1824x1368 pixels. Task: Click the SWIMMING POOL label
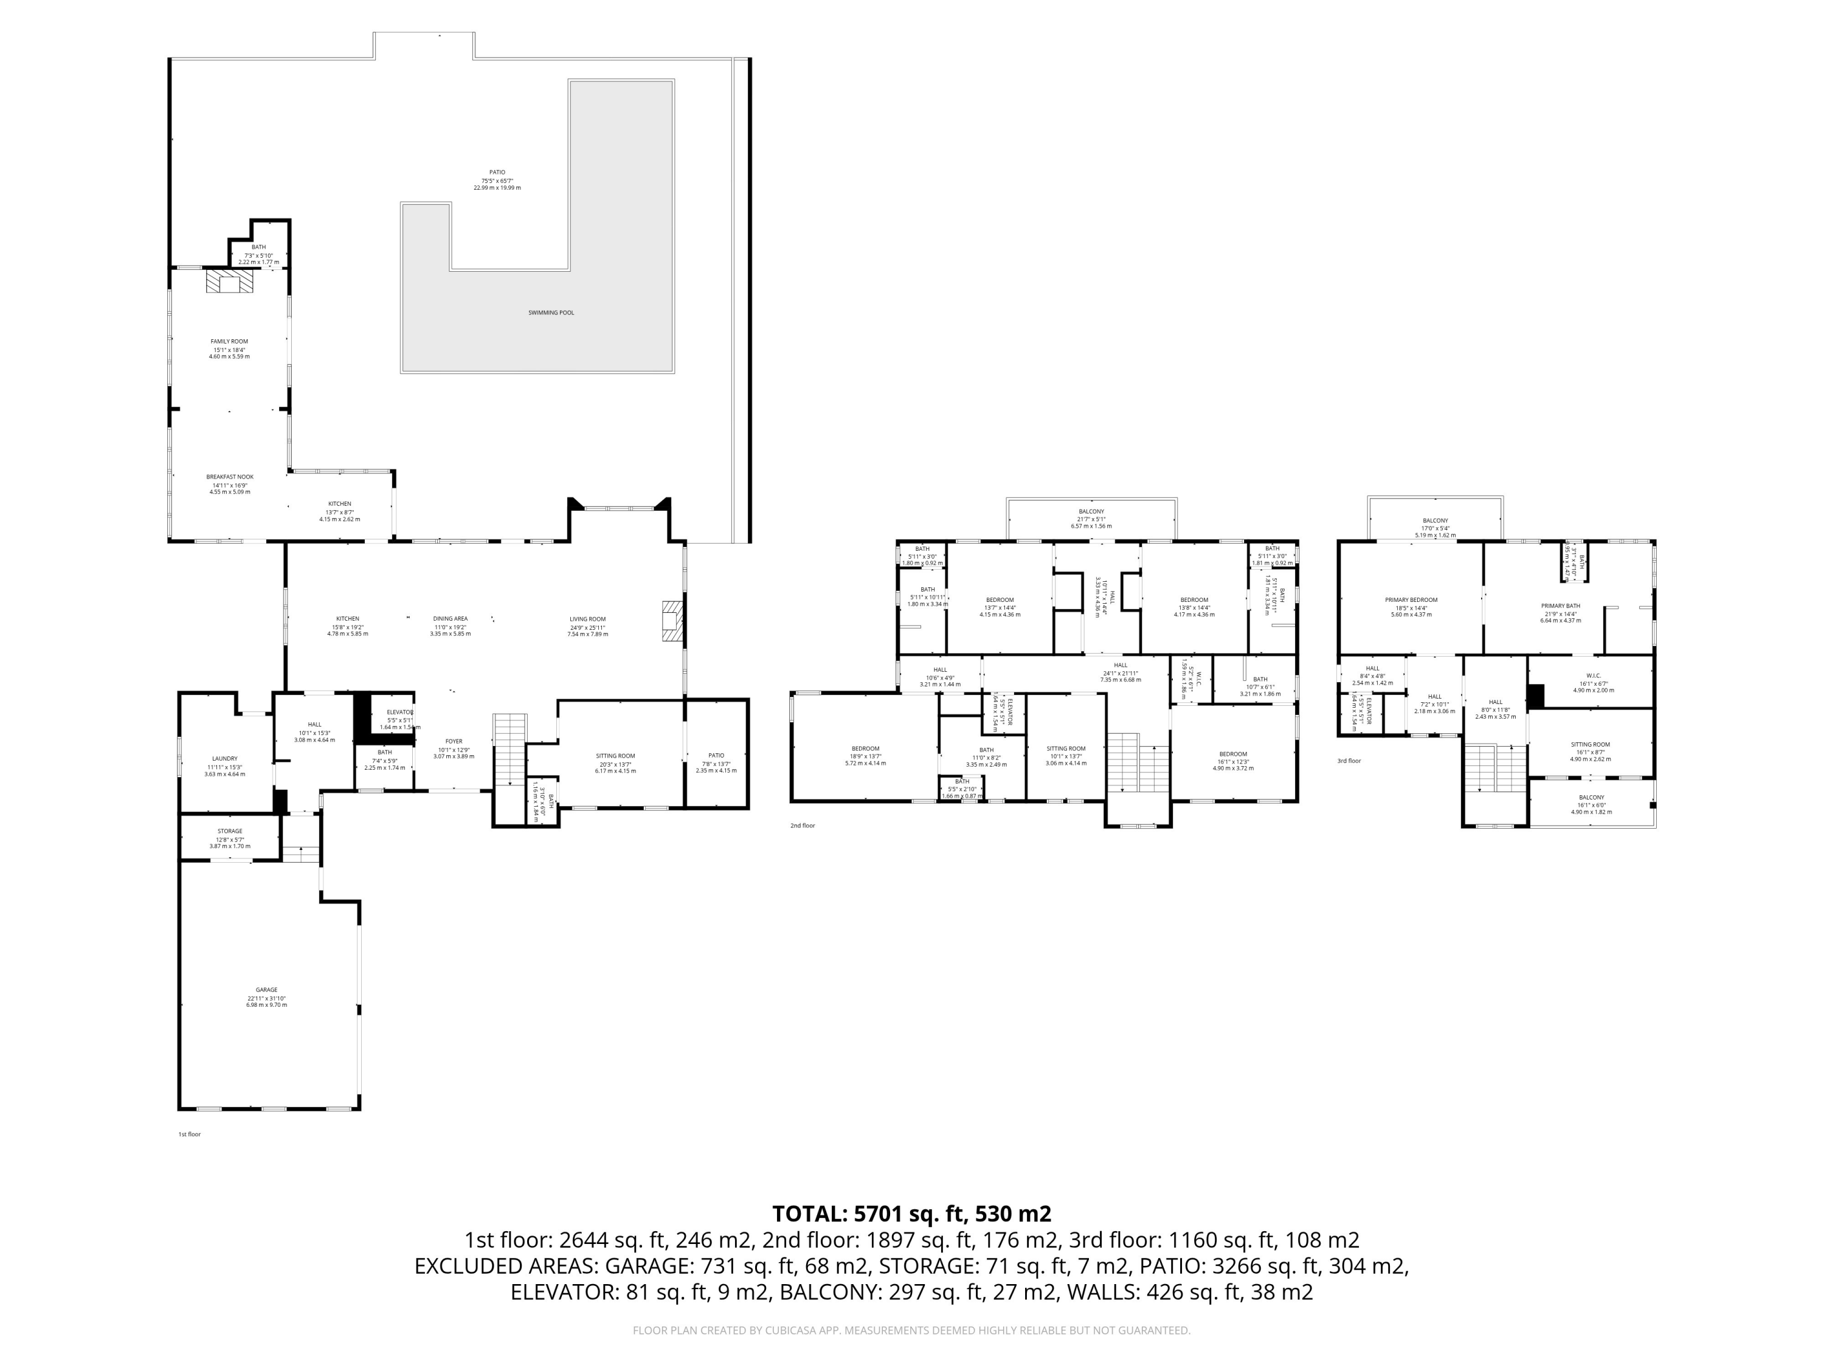coord(551,313)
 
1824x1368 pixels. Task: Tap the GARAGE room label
coord(266,989)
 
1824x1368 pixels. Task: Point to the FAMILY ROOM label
coord(229,341)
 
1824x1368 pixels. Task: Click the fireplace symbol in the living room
coord(672,621)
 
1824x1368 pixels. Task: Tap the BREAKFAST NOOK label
coord(229,477)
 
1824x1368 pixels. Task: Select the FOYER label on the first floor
coord(454,741)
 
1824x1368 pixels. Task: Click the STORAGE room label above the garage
coord(229,831)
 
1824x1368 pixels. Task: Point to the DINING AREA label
coord(451,618)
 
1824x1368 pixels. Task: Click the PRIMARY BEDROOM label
coord(1411,600)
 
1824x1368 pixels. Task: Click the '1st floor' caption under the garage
coord(190,1135)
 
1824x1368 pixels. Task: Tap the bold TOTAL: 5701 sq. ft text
coord(911,1214)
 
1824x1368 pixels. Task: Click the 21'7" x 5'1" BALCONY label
coord(1091,511)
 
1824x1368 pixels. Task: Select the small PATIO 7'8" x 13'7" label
coord(716,755)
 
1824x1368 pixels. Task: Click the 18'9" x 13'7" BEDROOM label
coord(865,748)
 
